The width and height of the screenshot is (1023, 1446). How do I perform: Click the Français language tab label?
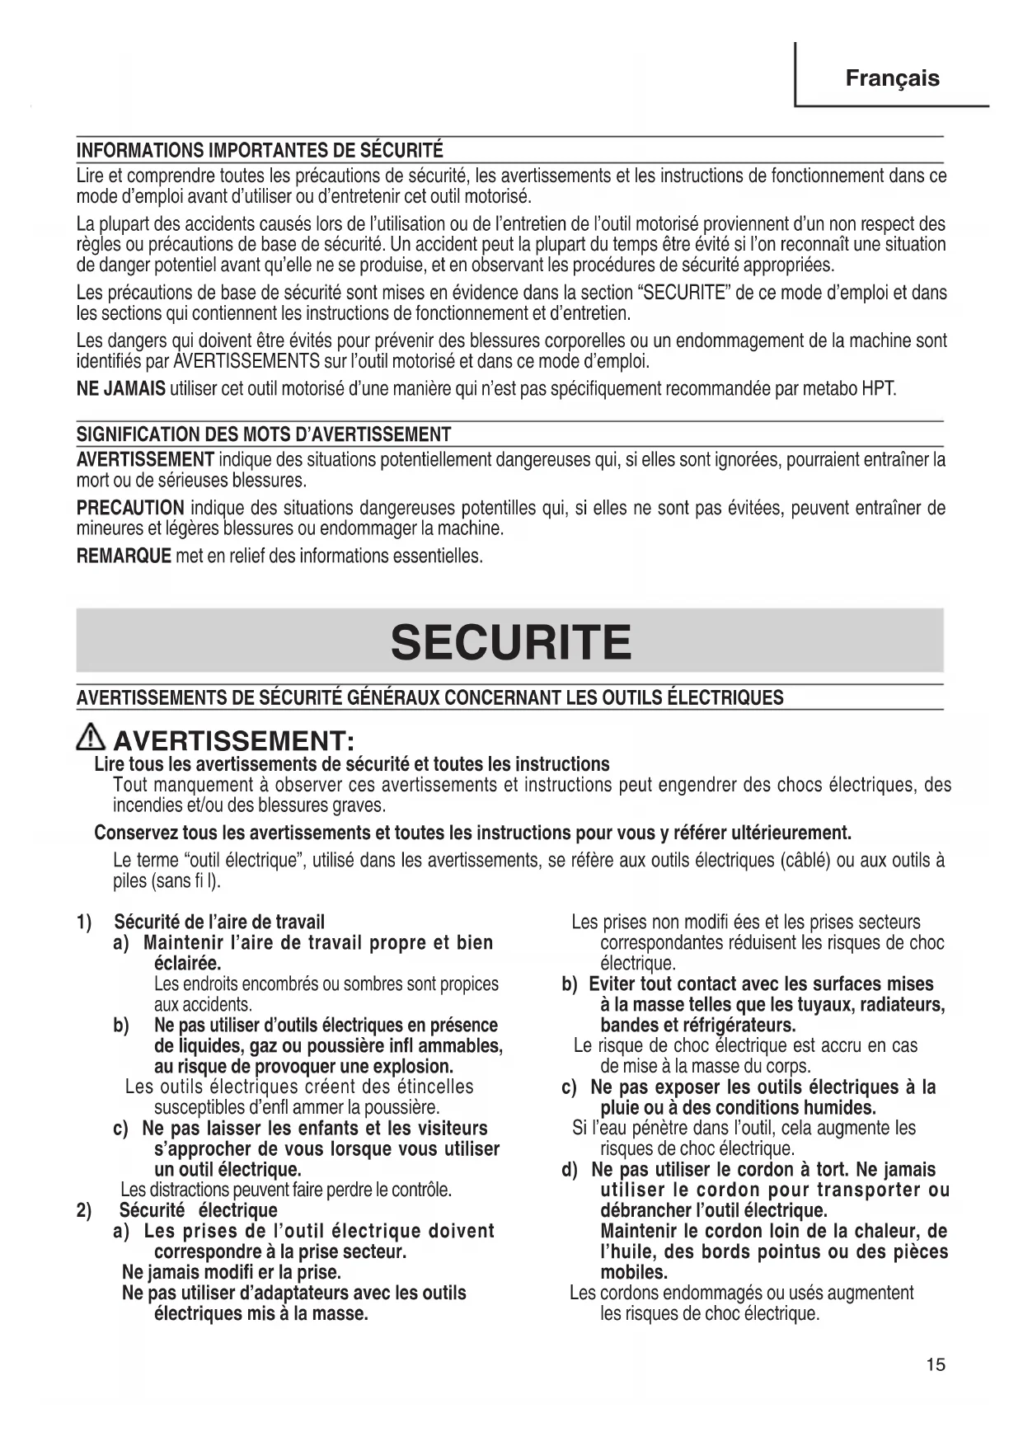[892, 78]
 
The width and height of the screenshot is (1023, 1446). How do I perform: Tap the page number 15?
[936, 1364]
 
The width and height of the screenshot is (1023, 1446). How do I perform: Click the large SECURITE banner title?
[511, 642]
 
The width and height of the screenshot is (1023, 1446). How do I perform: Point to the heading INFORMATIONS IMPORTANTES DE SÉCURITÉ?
[260, 151]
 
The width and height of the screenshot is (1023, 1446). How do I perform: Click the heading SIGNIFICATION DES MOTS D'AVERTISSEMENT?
[264, 434]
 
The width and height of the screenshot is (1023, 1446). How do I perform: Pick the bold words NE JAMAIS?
[120, 389]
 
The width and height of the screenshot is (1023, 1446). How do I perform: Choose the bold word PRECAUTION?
[130, 508]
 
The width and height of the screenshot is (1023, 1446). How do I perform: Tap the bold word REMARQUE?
[124, 556]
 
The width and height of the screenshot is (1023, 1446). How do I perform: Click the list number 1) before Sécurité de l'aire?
[83, 922]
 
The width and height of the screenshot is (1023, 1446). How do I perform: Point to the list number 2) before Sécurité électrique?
[83, 1210]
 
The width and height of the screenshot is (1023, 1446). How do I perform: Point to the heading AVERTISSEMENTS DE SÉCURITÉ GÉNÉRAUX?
[430, 698]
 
